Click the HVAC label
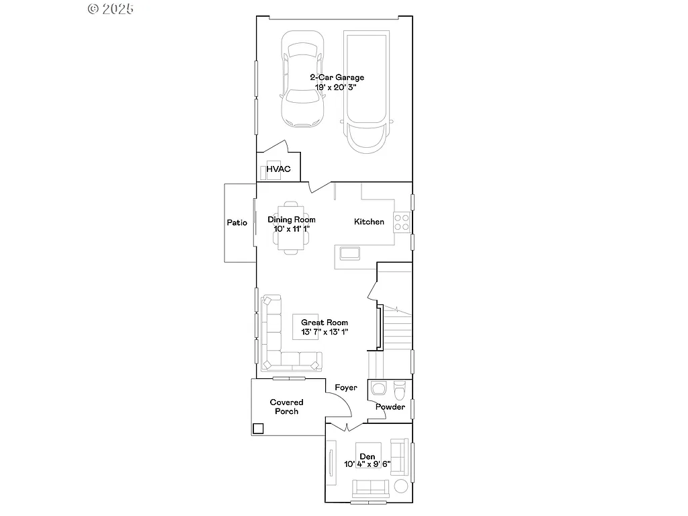point(278,169)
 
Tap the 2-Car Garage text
point(337,77)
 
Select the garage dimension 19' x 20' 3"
point(337,87)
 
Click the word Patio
point(236,222)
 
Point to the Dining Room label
point(291,220)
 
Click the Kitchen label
point(369,222)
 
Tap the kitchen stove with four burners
point(402,222)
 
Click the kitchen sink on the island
point(349,253)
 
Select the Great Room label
point(324,322)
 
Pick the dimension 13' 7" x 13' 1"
point(324,332)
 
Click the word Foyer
point(345,388)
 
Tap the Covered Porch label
point(286,406)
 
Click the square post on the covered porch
point(258,428)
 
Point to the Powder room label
point(390,406)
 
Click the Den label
point(367,456)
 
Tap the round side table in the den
point(401,486)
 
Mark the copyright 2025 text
point(111,8)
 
